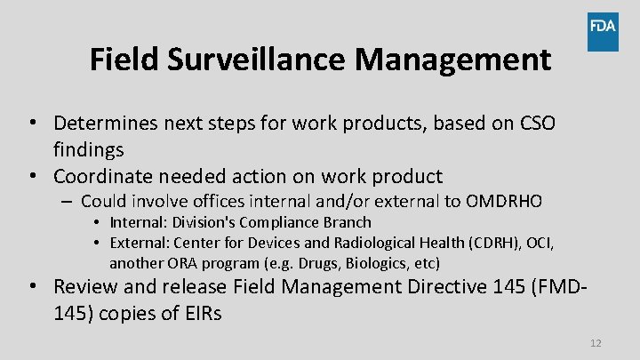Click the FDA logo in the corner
click(x=602, y=32)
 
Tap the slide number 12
click(x=596, y=343)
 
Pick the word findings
click(x=89, y=149)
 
